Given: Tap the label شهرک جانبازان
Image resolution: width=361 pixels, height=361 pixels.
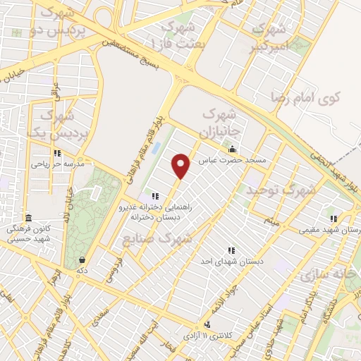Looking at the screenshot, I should pos(222,122).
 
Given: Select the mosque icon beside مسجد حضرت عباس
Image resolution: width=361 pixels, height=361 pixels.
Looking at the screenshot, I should pos(232,149).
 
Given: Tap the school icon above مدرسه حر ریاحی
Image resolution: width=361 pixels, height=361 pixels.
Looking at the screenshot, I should pos(57,153).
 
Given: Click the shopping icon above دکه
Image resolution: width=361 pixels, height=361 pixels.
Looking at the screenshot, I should pos(83,259).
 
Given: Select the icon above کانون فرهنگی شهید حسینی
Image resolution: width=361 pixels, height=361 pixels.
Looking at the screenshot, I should pos(28,218).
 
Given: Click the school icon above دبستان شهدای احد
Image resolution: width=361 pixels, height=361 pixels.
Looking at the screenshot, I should pos(231,250).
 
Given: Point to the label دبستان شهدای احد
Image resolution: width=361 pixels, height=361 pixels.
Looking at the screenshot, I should pos(231,262).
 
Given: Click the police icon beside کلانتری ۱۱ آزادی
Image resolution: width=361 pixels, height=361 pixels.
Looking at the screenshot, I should pos(207,324).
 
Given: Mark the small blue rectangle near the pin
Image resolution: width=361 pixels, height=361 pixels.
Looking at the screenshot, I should pos(157,150).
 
